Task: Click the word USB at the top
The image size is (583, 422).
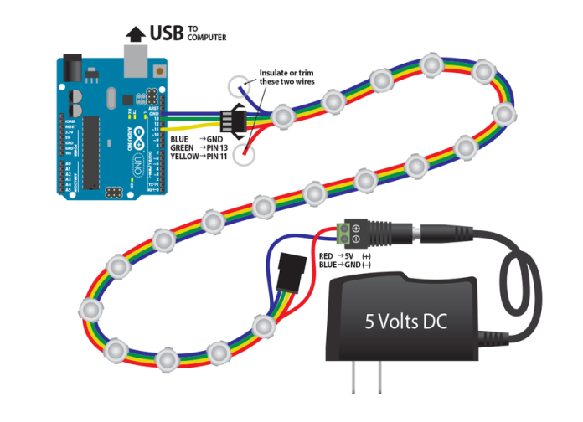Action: (168, 34)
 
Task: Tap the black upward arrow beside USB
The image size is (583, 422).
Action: (134, 34)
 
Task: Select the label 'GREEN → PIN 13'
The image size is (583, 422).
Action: (202, 147)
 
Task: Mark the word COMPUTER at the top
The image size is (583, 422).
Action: (207, 39)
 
